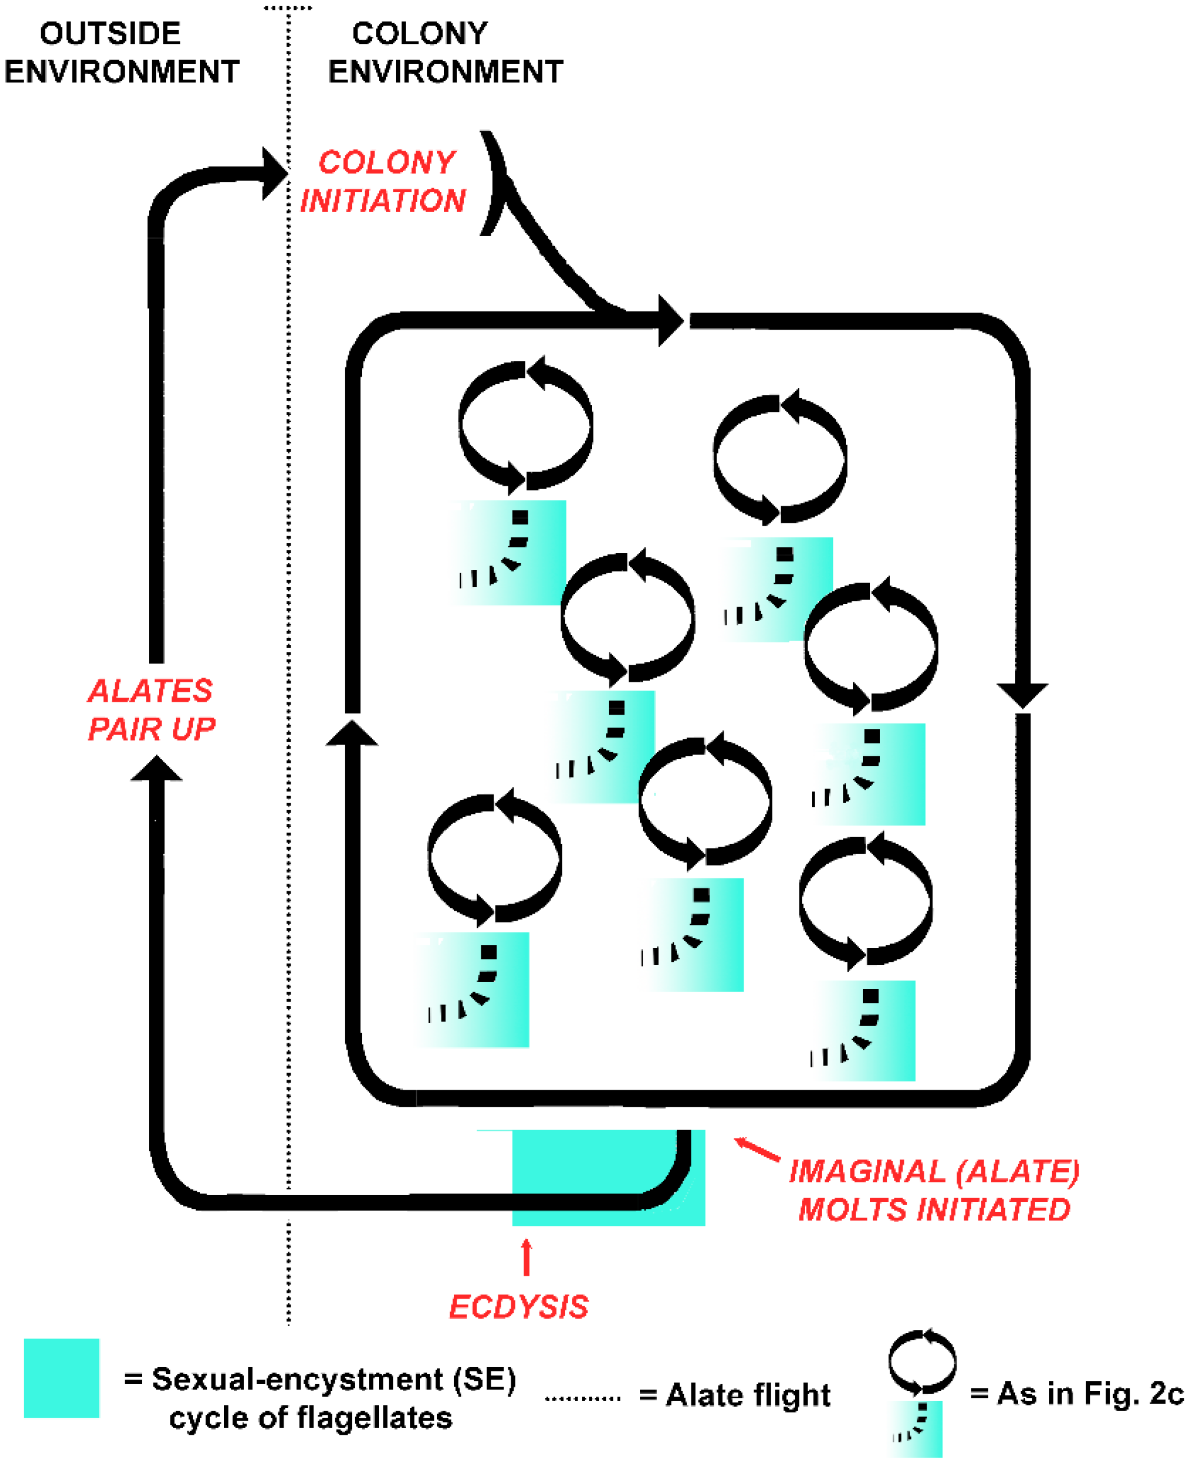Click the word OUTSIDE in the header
coord(110,34)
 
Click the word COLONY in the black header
coord(419,34)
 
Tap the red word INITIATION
coord(382,201)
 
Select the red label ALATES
coord(149,691)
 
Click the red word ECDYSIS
coord(518,1306)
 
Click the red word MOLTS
coord(852,1210)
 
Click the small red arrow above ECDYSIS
coord(527,1257)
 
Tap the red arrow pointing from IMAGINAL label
coord(756,1149)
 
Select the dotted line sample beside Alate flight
coord(582,1398)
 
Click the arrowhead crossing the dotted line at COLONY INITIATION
coord(274,174)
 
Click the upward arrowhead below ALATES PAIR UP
coord(157,769)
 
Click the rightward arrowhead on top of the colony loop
coord(670,321)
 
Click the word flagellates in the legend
coord(372,1418)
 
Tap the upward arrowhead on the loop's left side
coord(352,734)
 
